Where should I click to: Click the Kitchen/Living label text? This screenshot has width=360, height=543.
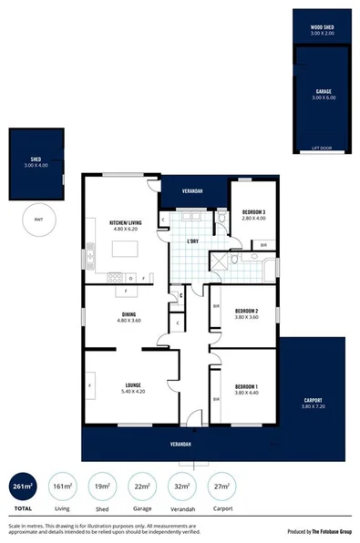(125, 224)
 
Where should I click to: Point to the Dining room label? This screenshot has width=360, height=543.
(129, 315)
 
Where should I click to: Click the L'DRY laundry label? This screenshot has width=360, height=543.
(192, 241)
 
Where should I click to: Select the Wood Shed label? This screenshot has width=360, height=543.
(321, 28)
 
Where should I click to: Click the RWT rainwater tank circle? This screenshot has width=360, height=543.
(38, 220)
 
